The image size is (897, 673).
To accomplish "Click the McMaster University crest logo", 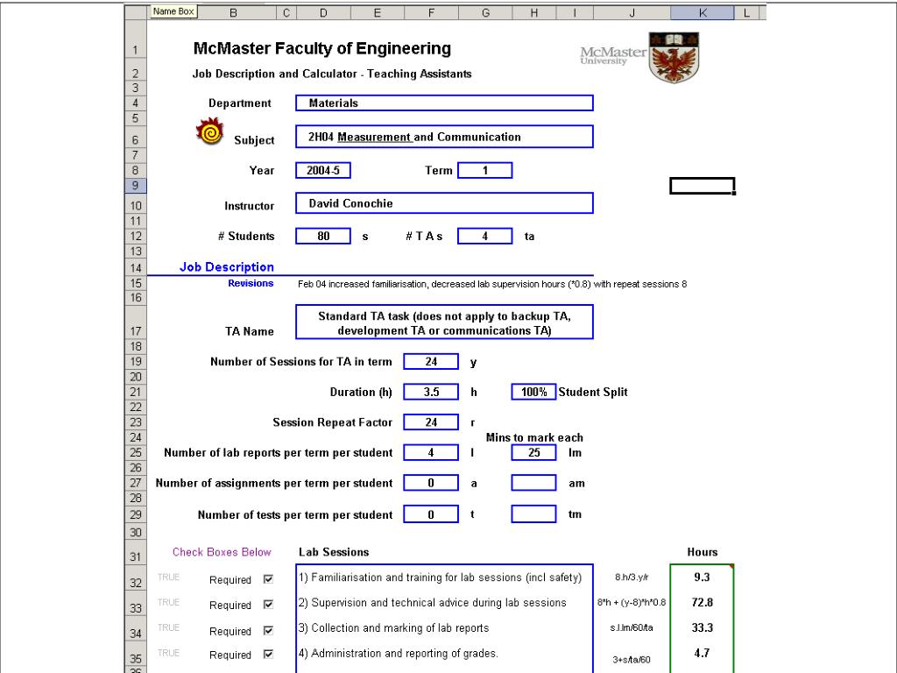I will click(675, 57).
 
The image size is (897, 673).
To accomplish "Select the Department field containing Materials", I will click(444, 103).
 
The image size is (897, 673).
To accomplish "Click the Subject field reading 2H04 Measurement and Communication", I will click(444, 137).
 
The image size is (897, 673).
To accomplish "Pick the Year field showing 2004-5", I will click(323, 171).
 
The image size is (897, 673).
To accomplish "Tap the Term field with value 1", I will click(484, 171).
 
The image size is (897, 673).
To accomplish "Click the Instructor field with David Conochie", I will click(444, 203).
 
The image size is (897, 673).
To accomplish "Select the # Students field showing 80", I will click(323, 236).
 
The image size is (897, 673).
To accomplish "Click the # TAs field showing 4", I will click(484, 236).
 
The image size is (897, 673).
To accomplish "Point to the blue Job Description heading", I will click(227, 267).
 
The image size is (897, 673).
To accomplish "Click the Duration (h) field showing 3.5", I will click(431, 393).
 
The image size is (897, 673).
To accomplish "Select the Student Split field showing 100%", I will click(533, 393).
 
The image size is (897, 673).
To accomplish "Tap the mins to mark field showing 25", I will click(533, 453).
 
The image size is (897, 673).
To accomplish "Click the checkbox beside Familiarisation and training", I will click(269, 579).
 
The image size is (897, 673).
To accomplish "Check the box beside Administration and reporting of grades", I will click(269, 655).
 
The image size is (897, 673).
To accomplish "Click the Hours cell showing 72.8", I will click(701, 603).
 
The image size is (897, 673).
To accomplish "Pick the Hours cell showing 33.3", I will click(701, 627).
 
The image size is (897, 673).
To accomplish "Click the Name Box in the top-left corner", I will click(173, 11).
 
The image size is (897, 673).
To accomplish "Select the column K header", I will click(703, 12).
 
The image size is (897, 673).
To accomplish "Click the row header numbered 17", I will click(136, 331).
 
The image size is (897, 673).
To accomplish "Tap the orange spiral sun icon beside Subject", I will click(209, 133).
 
